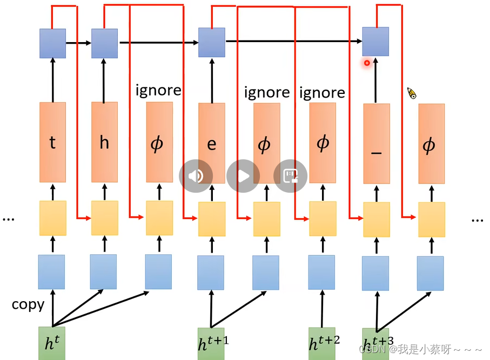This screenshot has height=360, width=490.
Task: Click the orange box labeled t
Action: (x=52, y=142)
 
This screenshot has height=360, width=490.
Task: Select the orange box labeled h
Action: (x=104, y=142)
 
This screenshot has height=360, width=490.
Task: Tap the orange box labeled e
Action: (x=211, y=143)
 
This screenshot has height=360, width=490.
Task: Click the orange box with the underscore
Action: (x=377, y=144)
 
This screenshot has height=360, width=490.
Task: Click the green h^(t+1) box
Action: (x=211, y=343)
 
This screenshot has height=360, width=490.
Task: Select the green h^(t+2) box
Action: (x=322, y=343)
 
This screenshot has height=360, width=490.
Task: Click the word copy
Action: (x=28, y=304)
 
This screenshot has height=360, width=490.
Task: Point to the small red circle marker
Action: (x=367, y=63)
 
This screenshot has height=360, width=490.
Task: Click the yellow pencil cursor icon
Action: (x=412, y=93)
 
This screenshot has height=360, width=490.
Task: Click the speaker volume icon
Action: (x=196, y=176)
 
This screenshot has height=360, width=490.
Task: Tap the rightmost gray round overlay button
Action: (x=291, y=176)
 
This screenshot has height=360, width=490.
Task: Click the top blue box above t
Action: (x=52, y=43)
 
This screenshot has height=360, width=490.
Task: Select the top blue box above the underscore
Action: (x=375, y=42)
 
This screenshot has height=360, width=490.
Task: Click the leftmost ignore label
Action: (x=158, y=90)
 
